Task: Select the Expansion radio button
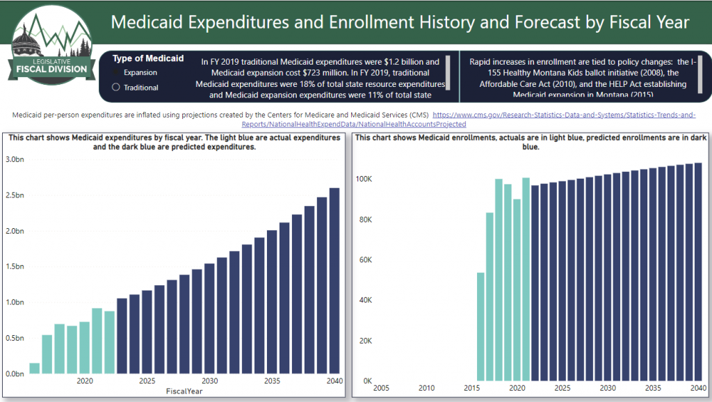(x=116, y=72)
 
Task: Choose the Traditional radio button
(x=116, y=88)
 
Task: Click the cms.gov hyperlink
(x=563, y=114)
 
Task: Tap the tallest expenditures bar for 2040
(x=334, y=281)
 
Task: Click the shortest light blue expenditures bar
(x=35, y=369)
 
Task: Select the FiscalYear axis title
(x=185, y=392)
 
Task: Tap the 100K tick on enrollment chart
(x=363, y=179)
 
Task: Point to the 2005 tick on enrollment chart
(x=381, y=387)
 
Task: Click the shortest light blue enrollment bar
(x=480, y=327)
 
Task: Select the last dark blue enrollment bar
(x=698, y=272)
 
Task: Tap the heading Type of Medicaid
(x=148, y=58)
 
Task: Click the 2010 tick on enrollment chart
(x=426, y=387)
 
